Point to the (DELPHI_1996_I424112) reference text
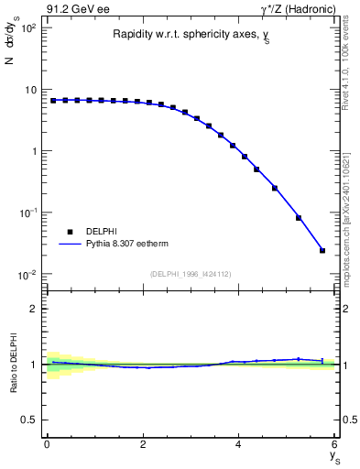(x=191, y=273)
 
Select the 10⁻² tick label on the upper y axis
(x=27, y=274)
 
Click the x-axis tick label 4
(x=239, y=444)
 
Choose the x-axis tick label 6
(x=335, y=444)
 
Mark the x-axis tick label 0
(x=47, y=444)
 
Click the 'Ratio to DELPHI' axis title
(x=12, y=364)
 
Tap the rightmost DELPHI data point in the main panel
(x=322, y=250)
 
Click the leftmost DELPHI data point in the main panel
(x=53, y=100)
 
